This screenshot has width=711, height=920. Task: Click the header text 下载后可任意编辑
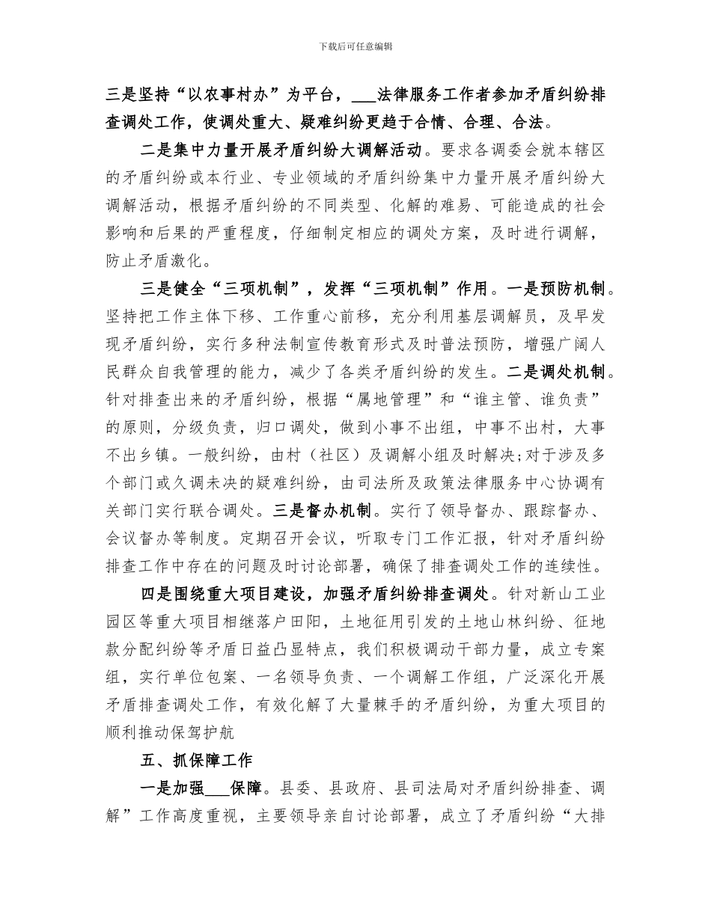[x=355, y=46]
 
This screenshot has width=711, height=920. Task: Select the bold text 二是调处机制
[x=559, y=372]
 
